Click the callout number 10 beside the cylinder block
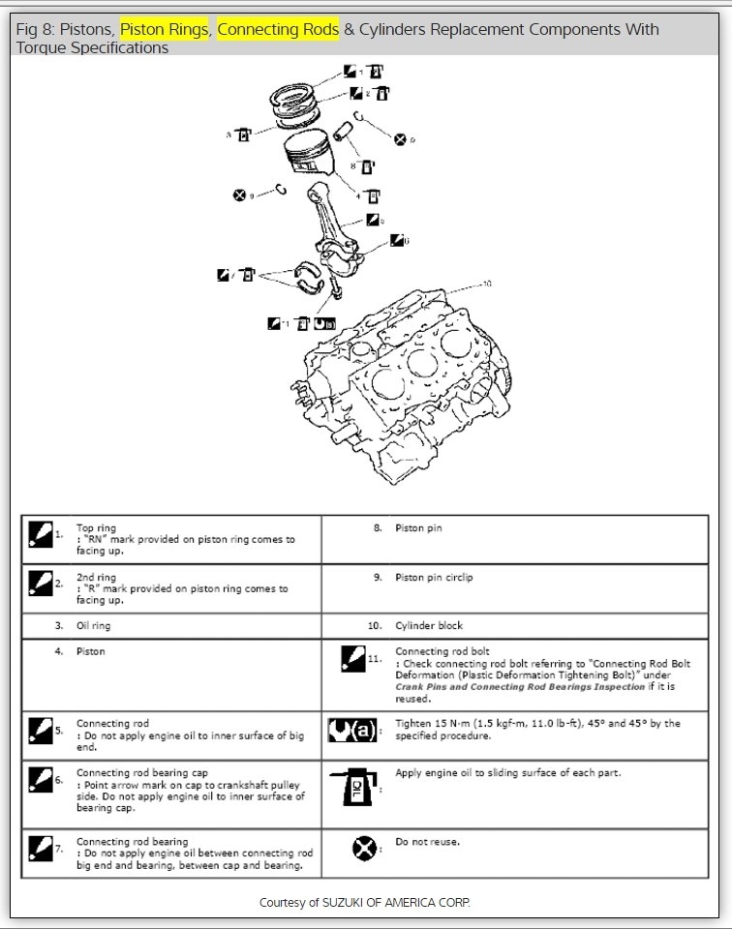pos(486,284)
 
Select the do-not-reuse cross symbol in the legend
pos(364,849)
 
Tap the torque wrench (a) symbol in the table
pos(352,728)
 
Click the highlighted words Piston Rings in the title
pos(164,29)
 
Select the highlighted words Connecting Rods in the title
pos(278,29)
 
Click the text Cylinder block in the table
pos(429,626)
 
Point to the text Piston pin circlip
pos(434,578)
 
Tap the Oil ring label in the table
pos(94,626)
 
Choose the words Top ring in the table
pos(96,528)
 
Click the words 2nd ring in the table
pos(96,578)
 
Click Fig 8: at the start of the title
pos(35,29)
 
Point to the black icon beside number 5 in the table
pos(40,729)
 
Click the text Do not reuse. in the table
pos(427,842)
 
